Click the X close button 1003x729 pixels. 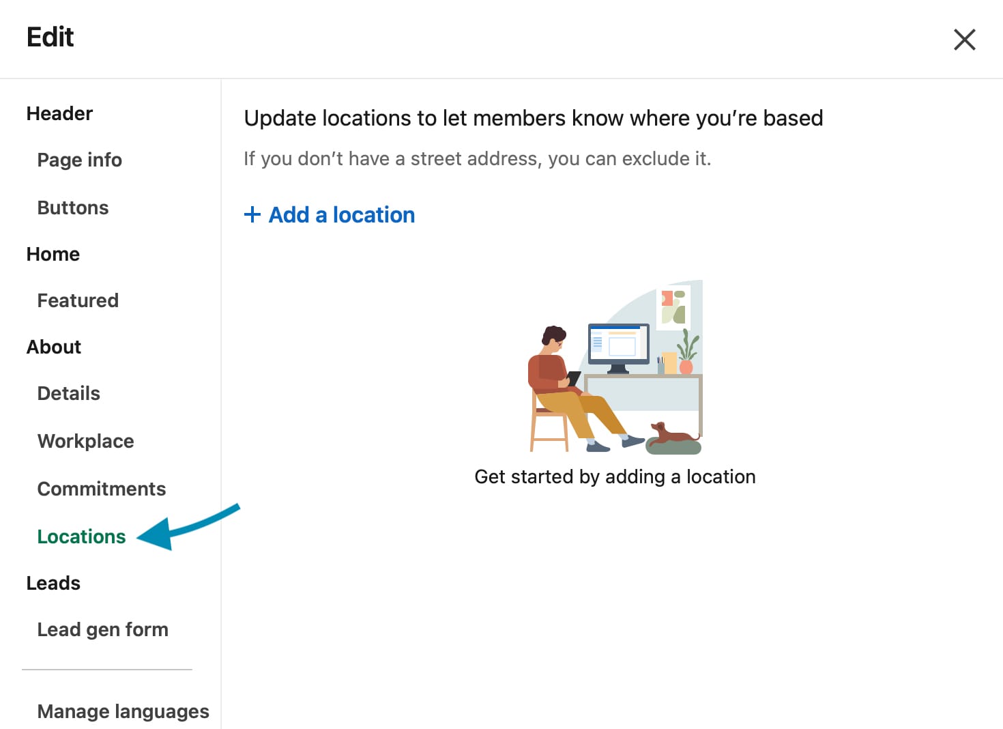964,40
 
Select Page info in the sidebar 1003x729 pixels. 80,160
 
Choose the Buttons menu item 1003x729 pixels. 73,208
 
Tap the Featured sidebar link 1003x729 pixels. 78,300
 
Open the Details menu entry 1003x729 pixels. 68,393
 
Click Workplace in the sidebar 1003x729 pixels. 85,441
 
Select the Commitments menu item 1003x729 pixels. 102,489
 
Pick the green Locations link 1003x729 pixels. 81,537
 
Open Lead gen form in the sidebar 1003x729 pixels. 102,629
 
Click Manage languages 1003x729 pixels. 123,711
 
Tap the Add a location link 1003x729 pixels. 342,214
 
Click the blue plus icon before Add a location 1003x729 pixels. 252,214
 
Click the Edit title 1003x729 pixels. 50,37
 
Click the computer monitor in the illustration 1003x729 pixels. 618,347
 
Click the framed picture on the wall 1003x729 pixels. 673,307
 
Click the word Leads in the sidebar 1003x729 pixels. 53,583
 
